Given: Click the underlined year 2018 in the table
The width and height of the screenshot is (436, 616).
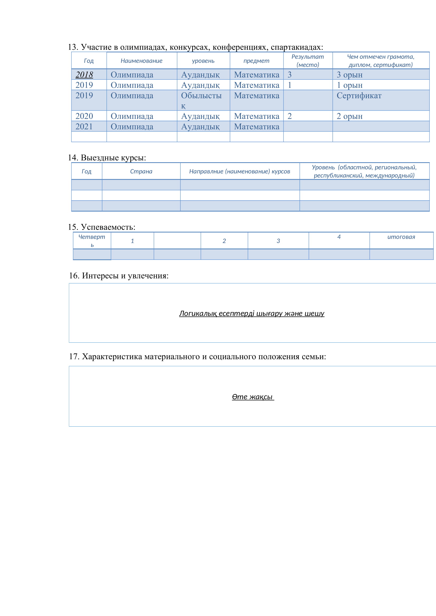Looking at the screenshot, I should pyautogui.click(x=84, y=75).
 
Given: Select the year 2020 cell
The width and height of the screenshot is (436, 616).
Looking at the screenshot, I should pyautogui.click(x=84, y=116).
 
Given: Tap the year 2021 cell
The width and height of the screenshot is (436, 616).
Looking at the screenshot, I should pyautogui.click(x=84, y=126).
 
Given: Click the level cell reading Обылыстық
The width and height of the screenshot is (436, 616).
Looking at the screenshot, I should pyautogui.click(x=201, y=100).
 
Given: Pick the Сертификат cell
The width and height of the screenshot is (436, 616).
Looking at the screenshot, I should pyautogui.click(x=359, y=96).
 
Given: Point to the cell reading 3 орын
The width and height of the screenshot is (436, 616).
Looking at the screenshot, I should pyautogui.click(x=350, y=75).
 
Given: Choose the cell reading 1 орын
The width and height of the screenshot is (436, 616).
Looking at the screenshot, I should pyautogui.click(x=350, y=85).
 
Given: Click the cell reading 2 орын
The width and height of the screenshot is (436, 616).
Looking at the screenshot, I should pyautogui.click(x=350, y=116).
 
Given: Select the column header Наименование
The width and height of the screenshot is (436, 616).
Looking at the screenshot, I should pyautogui.click(x=142, y=61).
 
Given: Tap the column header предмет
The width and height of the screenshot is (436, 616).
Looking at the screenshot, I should pyautogui.click(x=256, y=61).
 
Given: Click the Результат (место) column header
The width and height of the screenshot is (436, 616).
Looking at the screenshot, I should pyautogui.click(x=308, y=61).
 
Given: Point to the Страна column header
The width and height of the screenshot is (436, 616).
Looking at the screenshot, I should pyautogui.click(x=141, y=171).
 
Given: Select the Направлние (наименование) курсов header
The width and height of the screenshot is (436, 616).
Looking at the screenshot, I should pyautogui.click(x=240, y=171).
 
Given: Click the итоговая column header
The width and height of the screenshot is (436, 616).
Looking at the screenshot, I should pyautogui.click(x=401, y=237).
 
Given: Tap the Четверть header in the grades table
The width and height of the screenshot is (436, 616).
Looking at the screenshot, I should pyautogui.click(x=92, y=240).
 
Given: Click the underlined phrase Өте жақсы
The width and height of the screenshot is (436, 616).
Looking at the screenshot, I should pyautogui.click(x=252, y=397).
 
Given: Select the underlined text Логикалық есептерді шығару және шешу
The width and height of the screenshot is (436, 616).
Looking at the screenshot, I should pyautogui.click(x=251, y=313).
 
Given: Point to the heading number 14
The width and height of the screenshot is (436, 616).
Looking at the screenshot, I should pyautogui.click(x=73, y=157).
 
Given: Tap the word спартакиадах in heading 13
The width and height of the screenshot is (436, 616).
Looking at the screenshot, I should pyautogui.click(x=297, y=47).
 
